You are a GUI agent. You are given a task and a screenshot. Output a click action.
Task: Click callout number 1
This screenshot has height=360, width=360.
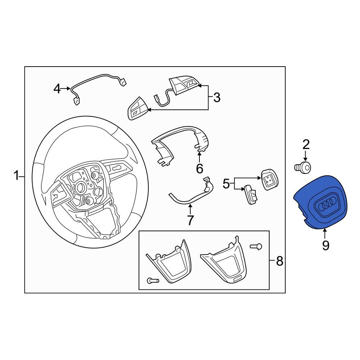point(16,176)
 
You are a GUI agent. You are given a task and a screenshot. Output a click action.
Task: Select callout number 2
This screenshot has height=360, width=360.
point(306,145)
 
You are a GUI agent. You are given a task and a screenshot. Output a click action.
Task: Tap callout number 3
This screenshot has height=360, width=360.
point(217,98)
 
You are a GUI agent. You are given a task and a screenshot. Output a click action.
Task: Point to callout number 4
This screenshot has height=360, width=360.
point(57,89)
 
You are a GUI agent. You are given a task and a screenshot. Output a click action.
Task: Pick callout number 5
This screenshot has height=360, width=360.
point(226,184)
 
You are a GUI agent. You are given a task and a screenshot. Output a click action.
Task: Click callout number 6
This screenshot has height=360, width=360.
point(199,168)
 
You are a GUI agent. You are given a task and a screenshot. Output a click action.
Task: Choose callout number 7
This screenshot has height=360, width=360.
point(190,220)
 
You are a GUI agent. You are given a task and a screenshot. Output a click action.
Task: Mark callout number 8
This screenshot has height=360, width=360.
point(279,261)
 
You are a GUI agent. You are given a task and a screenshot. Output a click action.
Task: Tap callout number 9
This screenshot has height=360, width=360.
point(325,246)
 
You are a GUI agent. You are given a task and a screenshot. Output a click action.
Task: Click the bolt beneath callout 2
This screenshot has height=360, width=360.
point(303,167)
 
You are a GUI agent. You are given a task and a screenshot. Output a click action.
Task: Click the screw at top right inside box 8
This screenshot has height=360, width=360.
point(256,247)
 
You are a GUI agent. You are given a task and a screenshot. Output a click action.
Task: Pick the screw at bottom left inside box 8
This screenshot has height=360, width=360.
point(152,280)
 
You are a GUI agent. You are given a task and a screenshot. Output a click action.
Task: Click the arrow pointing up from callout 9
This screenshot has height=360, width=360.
point(325,234)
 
